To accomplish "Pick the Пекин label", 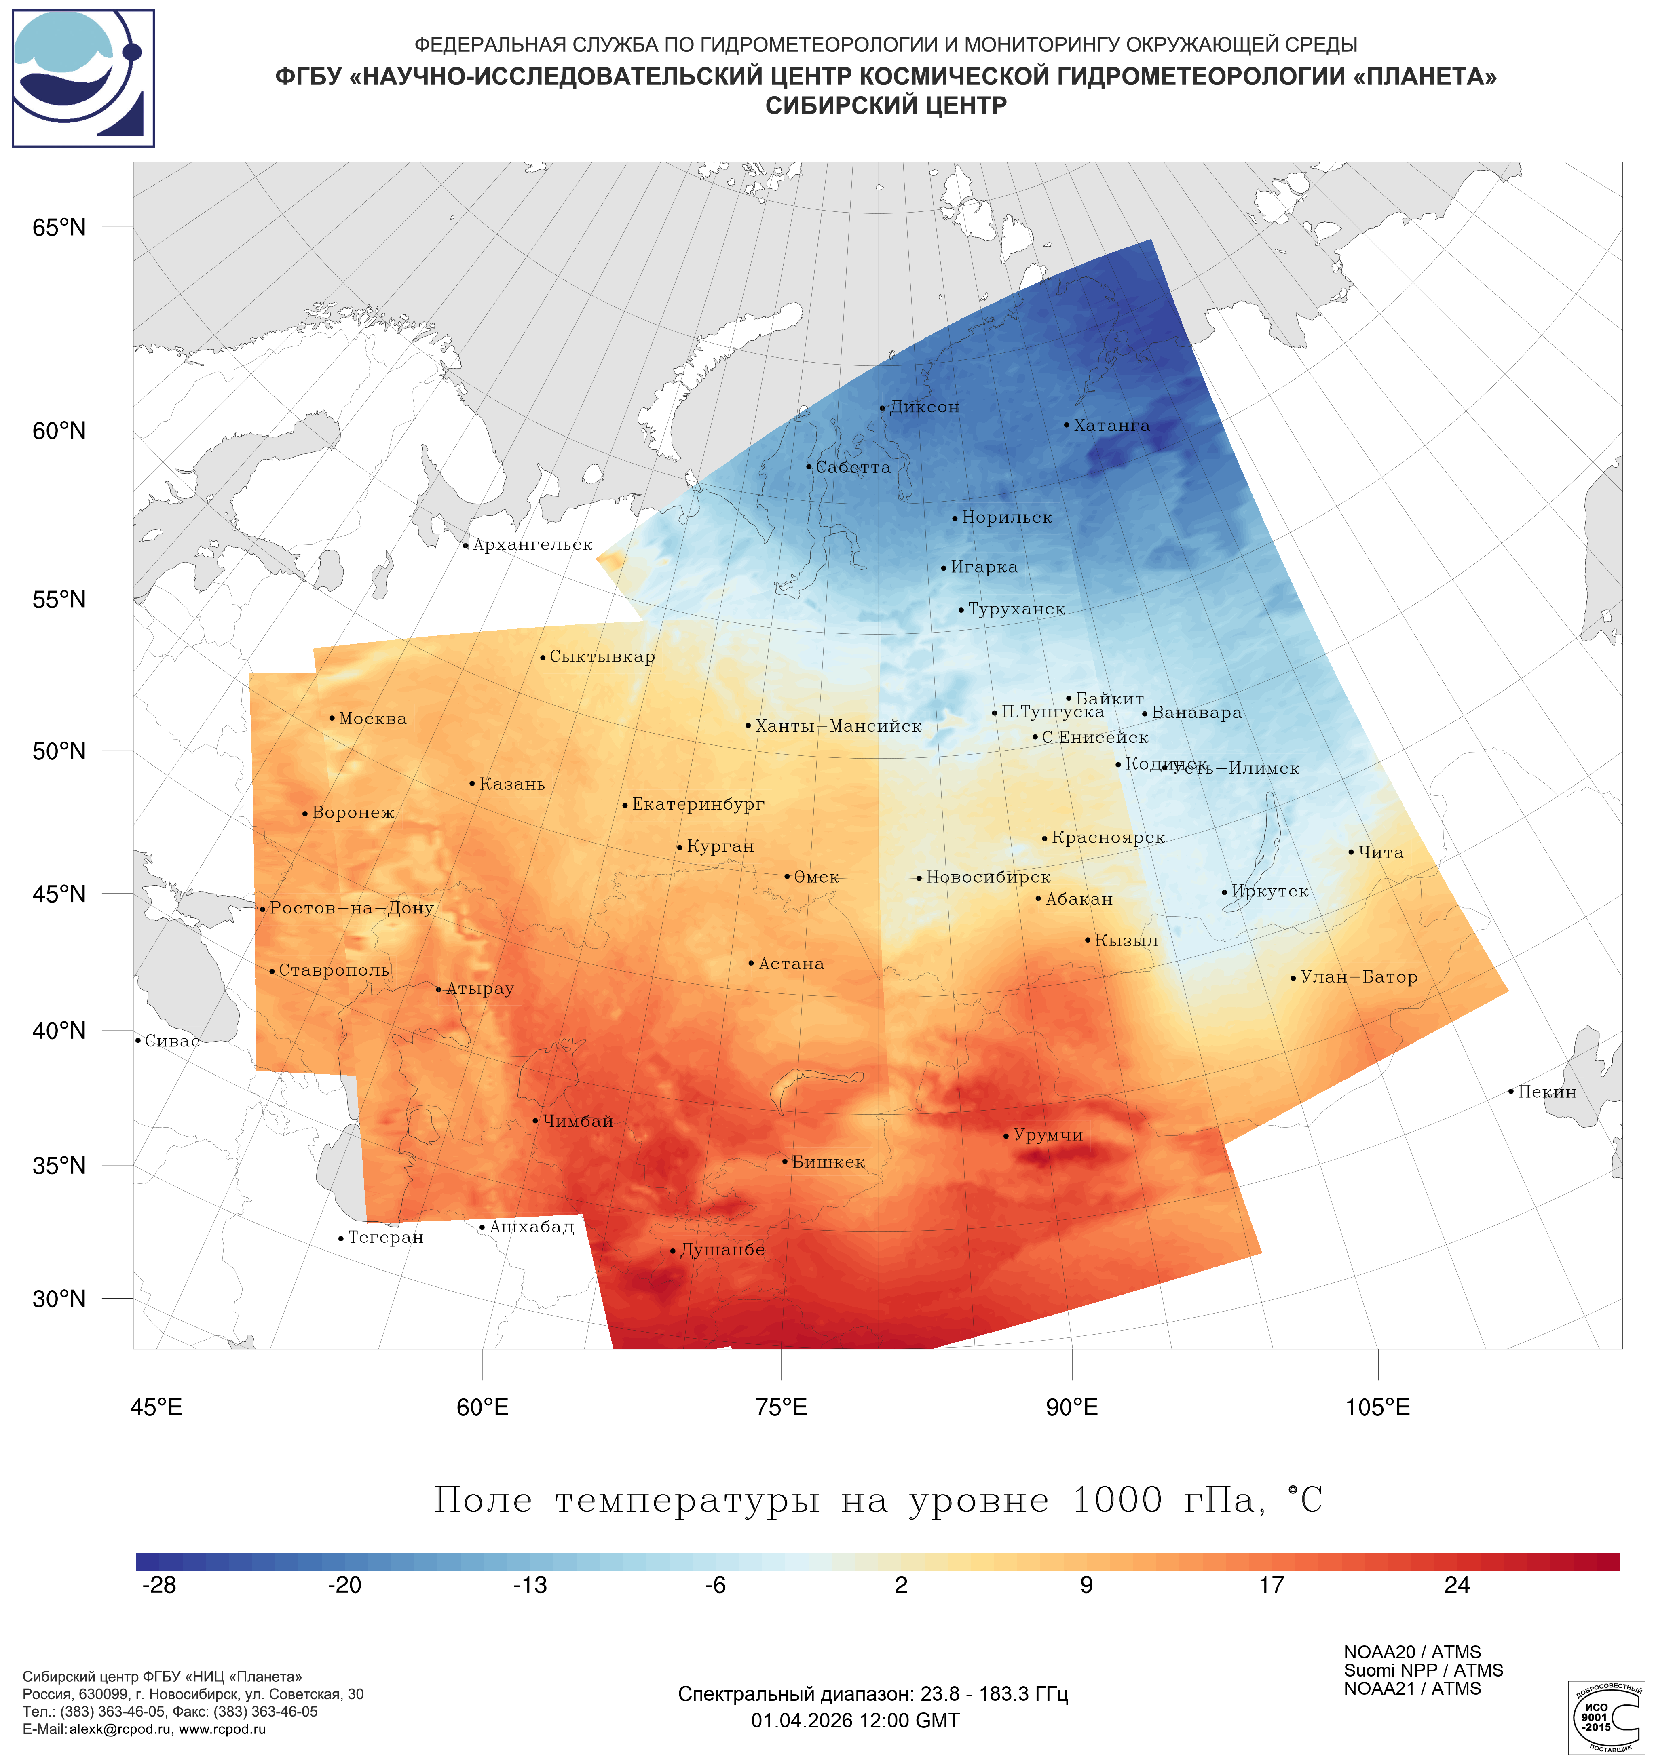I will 1547,1092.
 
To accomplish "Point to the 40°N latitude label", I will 59,1031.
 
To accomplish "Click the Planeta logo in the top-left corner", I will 83,78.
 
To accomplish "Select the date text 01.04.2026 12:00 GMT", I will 855,1721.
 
